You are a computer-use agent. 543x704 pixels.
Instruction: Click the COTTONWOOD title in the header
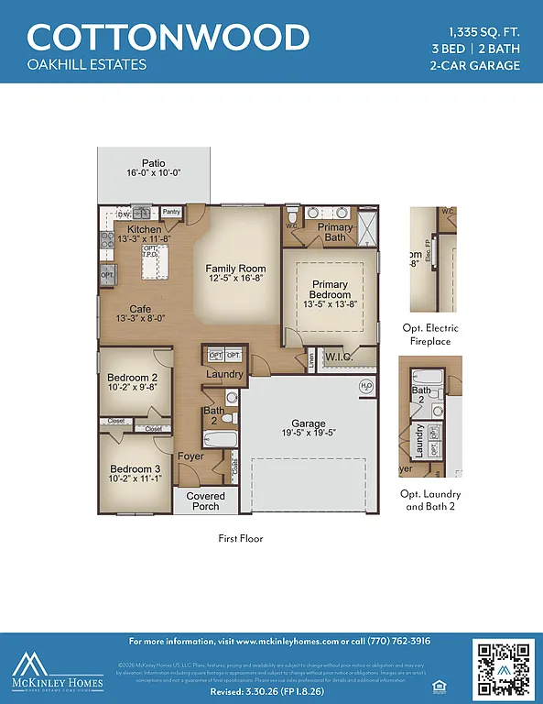pos(168,38)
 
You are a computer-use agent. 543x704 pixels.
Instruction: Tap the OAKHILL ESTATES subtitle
pos(86,65)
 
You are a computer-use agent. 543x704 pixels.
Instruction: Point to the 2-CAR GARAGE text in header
pos(474,65)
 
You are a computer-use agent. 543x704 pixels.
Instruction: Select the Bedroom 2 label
pos(133,377)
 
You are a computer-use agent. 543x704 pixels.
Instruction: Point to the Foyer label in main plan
pos(190,456)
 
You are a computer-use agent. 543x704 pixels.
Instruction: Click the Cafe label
pos(140,309)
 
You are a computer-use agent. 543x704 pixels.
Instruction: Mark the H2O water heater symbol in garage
pos(366,385)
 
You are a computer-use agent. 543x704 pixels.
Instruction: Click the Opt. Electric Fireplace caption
pos(430,335)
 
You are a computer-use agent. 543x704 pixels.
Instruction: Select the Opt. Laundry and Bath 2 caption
pos(430,500)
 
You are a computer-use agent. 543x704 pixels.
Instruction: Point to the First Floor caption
pos(240,538)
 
